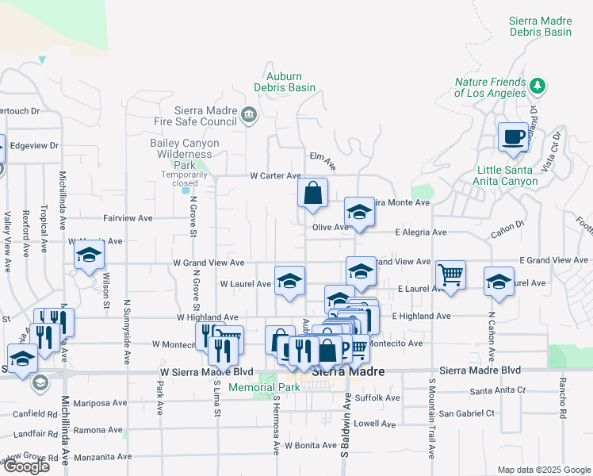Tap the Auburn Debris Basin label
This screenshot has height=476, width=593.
(x=285, y=82)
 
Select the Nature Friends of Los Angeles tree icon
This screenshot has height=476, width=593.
(x=538, y=85)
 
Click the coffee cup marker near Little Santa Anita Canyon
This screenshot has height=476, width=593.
(x=513, y=137)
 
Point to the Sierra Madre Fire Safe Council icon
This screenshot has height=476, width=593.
(x=249, y=116)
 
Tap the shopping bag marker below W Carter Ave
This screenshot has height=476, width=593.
(x=313, y=193)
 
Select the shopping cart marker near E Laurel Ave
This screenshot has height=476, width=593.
(x=450, y=275)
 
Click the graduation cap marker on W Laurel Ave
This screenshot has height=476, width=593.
(x=289, y=281)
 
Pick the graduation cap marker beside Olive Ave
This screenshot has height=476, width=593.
(x=359, y=213)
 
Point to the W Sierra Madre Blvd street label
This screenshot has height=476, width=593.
(x=206, y=371)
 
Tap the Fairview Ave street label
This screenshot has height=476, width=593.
(x=128, y=217)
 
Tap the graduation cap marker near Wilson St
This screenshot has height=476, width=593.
(x=90, y=255)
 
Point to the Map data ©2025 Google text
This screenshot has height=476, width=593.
(x=542, y=470)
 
